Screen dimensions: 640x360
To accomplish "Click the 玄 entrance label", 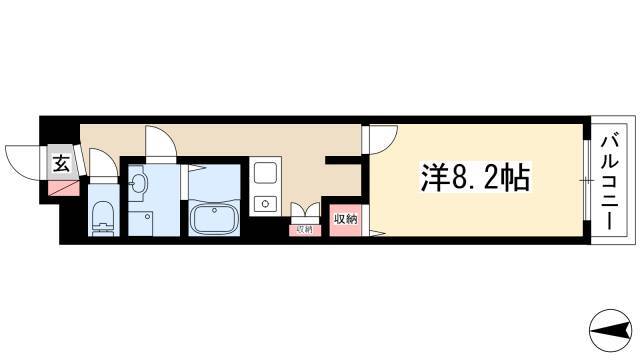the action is point(61,164).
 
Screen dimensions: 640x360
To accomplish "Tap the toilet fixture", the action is point(103,219).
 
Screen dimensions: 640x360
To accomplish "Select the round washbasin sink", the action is point(138,182).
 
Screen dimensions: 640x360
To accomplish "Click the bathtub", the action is point(214,218).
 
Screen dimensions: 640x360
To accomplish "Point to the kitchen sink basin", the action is point(266,173).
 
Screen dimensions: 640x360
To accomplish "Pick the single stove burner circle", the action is point(265,203).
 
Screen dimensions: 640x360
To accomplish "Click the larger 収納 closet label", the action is point(346,219).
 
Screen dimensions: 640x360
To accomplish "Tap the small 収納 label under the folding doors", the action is point(304,229).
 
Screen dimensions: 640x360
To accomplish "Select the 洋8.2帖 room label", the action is point(476,178).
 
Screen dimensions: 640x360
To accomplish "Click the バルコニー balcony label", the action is point(610,184).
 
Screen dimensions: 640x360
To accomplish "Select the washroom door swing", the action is point(161,142).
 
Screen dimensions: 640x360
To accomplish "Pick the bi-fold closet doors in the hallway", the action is point(305,209).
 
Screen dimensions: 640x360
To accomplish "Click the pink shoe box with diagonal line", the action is point(64,188).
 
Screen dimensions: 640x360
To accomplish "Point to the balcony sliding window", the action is point(587,180).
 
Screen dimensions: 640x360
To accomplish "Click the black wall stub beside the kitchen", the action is point(343,160).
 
